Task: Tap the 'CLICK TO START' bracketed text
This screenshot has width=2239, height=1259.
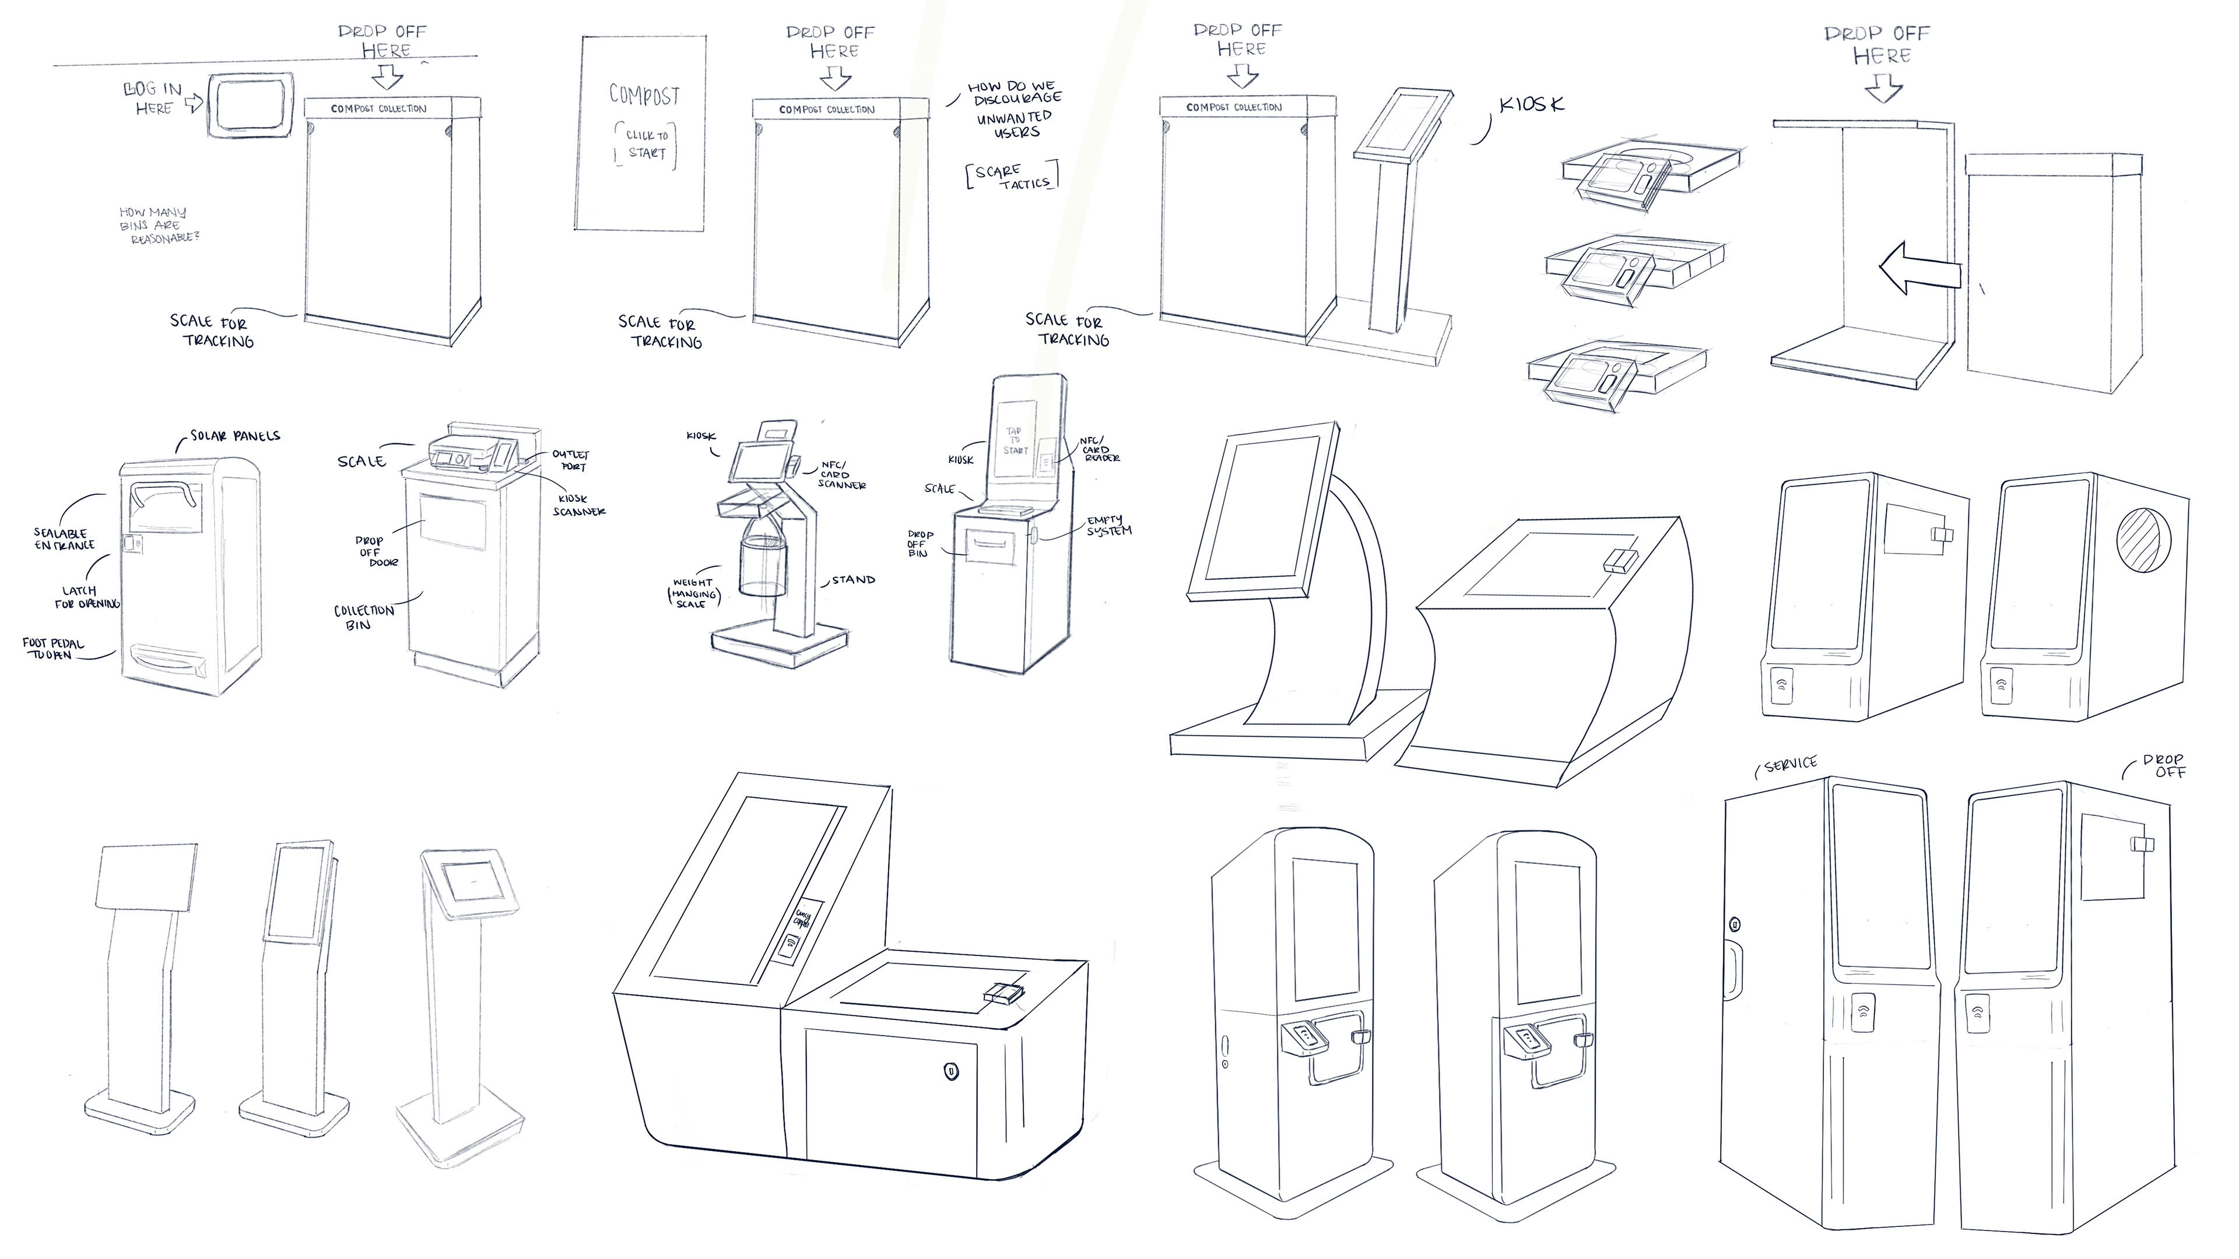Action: tap(646, 144)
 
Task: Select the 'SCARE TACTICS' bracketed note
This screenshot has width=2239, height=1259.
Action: tap(1013, 177)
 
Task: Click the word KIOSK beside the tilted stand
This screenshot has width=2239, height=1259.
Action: tap(1532, 105)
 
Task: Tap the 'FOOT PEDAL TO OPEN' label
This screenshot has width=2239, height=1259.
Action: tap(53, 649)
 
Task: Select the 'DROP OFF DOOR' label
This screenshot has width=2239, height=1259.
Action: tap(376, 552)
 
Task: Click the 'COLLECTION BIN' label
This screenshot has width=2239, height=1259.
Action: tap(363, 617)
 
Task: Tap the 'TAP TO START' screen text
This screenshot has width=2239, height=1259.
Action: tap(1015, 441)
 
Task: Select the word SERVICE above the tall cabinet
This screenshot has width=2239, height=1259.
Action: tap(1789, 765)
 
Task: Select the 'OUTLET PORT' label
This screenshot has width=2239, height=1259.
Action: tap(570, 460)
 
